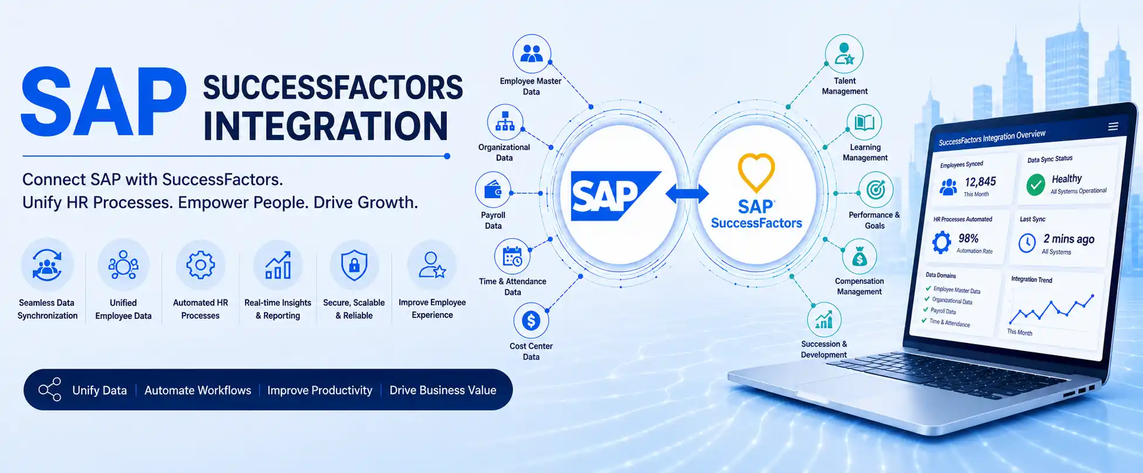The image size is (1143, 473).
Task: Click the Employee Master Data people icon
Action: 532,54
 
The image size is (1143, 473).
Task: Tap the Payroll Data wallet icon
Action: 493,190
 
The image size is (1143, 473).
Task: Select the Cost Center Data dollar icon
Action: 531,321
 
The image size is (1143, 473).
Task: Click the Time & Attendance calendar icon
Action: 513,257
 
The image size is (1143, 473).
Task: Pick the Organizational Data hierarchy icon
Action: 505,122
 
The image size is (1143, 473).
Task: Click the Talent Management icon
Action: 844,54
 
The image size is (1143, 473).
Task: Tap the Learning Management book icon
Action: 864,122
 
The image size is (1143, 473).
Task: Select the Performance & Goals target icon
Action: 876,189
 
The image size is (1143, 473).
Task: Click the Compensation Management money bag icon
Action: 859,257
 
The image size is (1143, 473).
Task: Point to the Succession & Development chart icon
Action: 824,320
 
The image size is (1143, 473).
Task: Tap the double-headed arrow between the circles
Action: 687,193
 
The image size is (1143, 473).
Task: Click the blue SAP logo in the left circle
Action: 616,196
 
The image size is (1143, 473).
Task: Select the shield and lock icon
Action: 354,265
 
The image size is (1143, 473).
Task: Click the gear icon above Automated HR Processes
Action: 201,265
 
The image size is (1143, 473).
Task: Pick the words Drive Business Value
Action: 443,390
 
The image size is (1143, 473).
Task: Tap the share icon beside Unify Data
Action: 50,389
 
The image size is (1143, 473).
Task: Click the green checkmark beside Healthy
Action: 1036,185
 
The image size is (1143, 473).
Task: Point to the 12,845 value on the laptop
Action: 981,182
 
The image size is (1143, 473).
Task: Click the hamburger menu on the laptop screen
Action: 1113,127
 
